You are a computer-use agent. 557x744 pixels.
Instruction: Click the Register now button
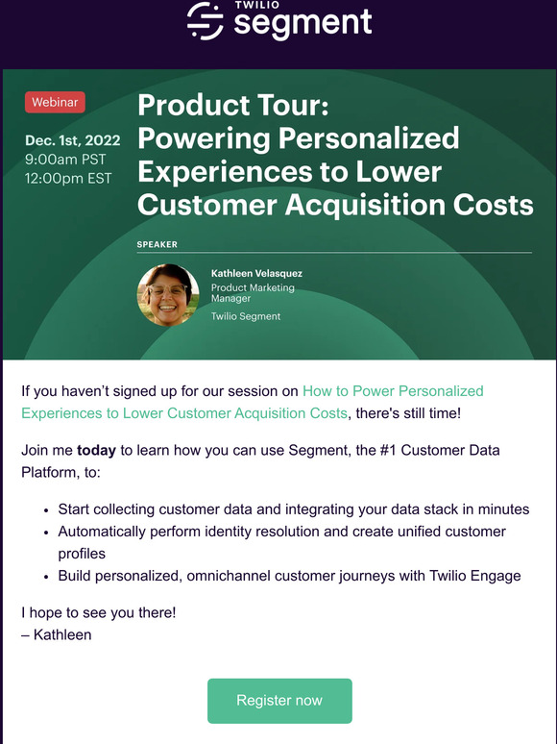279,700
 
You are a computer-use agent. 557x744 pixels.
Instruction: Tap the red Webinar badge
56,102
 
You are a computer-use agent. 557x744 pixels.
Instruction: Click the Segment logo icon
205,21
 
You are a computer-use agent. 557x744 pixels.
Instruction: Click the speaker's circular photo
168,295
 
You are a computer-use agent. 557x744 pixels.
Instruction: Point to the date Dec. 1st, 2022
72,141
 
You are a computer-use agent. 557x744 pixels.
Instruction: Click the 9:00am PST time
65,160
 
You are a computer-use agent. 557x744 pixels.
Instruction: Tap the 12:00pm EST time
68,178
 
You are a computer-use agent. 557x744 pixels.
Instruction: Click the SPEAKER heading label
157,245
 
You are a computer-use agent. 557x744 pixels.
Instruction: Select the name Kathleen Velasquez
256,274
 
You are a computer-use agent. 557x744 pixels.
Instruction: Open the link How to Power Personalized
393,391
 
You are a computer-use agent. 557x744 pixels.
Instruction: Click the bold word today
95,449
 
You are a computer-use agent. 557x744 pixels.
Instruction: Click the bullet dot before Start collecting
47,509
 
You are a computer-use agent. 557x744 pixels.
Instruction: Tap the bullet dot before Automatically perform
47,532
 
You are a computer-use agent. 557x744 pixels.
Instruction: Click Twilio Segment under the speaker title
246,316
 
